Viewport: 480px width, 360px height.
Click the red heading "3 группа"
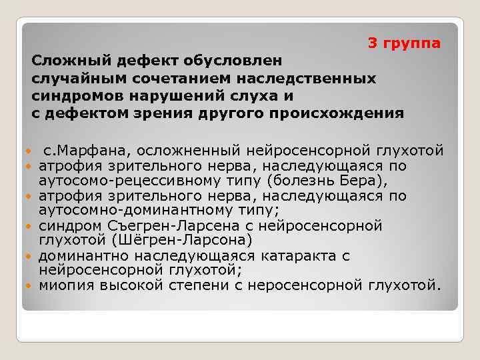(404, 43)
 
